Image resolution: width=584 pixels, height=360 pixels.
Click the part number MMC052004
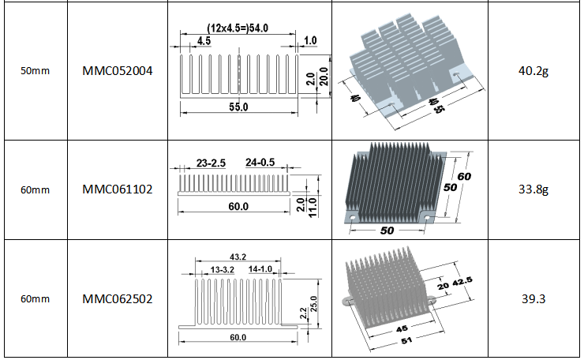118,71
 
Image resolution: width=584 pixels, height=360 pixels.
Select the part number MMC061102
118,189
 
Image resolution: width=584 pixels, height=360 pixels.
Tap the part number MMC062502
118,299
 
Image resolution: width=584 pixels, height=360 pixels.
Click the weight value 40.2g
533,71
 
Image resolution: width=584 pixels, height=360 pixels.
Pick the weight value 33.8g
533,189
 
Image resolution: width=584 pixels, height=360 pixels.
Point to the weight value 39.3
533,299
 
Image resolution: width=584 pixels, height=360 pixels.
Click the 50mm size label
35,71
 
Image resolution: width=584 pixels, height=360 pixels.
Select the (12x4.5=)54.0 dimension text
238,28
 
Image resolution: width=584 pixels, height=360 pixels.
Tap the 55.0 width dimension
238,107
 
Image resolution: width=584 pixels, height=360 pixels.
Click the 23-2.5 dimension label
211,163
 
